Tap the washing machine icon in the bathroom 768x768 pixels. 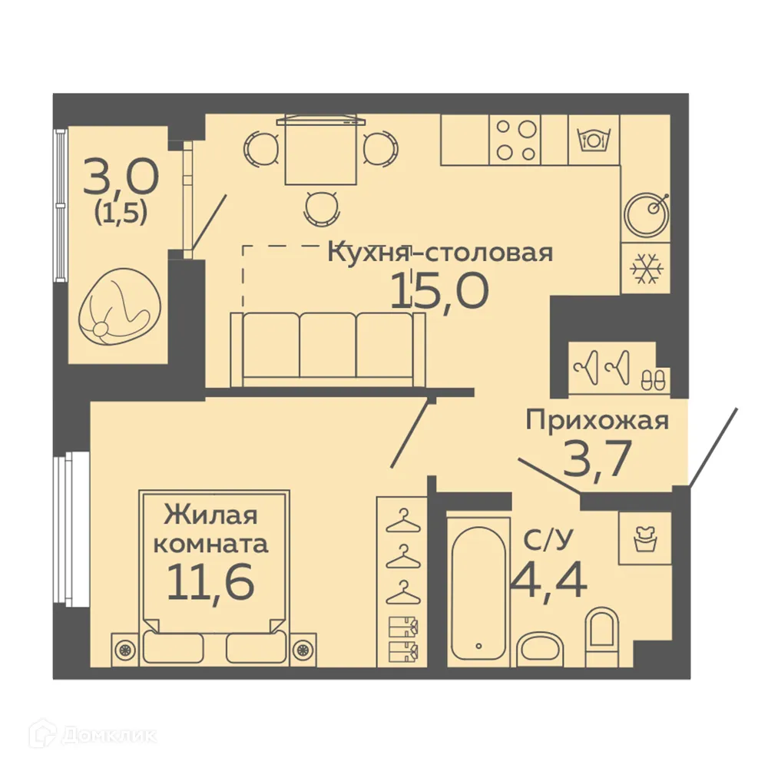644,538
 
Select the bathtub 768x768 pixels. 478,590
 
